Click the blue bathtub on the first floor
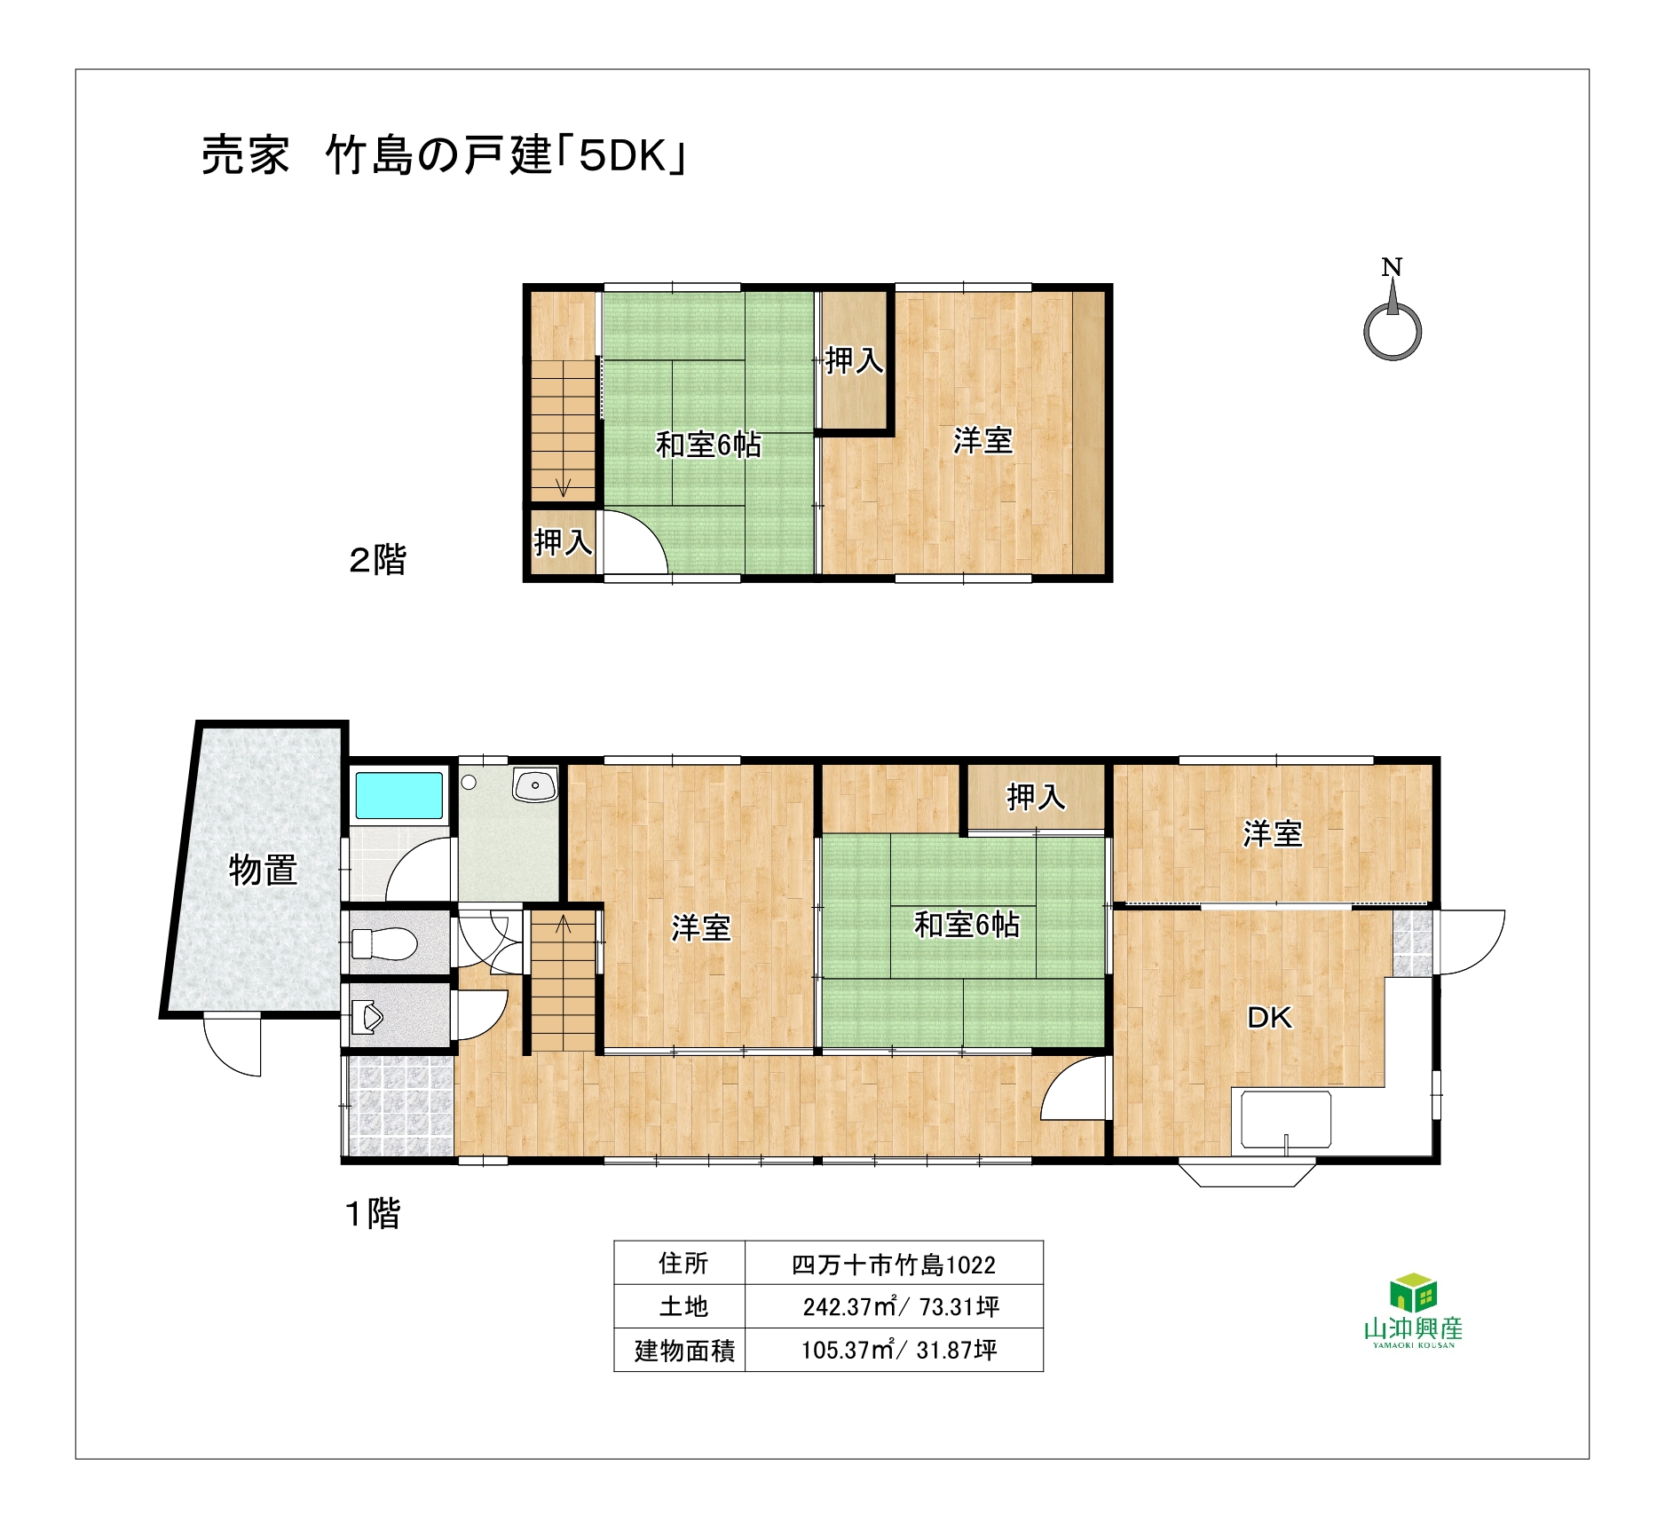[399, 795]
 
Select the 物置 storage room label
[263, 870]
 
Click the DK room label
[1270, 1018]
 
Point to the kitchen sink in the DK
[1286, 1120]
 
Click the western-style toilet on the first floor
[383, 943]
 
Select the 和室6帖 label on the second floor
[708, 445]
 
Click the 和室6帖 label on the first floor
[967, 926]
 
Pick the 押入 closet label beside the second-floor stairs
[563, 541]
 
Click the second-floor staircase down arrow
[563, 487]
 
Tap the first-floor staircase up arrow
[564, 925]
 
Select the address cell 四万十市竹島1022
[894, 1265]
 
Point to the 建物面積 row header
[684, 1351]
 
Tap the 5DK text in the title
[623, 157]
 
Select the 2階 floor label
[377, 560]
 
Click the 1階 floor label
[373, 1213]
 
